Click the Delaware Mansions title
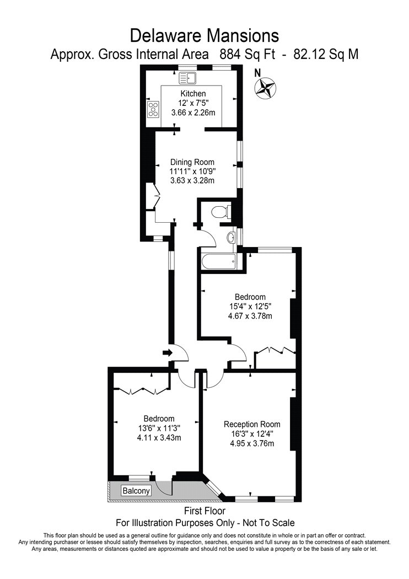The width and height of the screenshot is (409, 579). [204, 36]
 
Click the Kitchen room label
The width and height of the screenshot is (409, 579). [193, 94]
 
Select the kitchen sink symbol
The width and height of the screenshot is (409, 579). [188, 78]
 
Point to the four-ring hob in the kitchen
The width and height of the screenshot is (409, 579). [153, 110]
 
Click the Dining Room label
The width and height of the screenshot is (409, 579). [192, 162]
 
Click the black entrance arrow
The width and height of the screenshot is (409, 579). [166, 352]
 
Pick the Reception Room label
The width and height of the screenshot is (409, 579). [252, 424]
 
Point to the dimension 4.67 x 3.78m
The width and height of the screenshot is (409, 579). [251, 316]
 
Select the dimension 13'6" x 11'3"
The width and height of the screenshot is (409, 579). [159, 428]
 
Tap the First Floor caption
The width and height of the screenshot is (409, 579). [204, 512]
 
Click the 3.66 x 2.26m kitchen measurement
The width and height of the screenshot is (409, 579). [193, 112]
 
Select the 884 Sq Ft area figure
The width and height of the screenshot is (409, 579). [246, 55]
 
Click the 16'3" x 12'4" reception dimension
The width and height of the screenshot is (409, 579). [252, 433]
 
